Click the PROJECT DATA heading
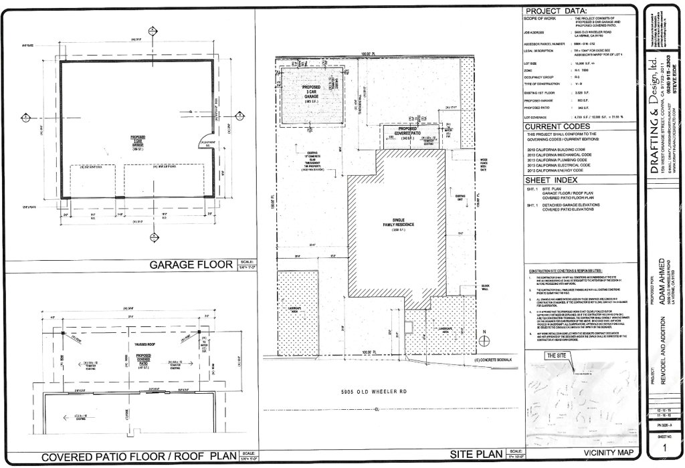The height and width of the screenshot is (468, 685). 556,11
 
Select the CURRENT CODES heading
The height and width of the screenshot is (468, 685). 558,126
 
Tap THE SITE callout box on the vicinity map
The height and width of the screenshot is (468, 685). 557,356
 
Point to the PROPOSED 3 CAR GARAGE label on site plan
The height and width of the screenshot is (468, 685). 310,93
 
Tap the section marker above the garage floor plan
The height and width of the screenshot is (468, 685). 153,31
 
